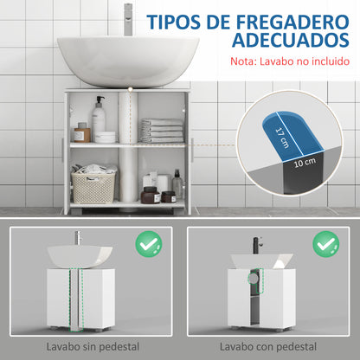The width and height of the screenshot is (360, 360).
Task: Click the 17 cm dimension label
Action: [278, 137]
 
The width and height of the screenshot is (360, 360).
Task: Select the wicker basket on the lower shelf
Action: [94, 185]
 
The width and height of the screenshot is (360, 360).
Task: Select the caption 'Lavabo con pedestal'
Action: [270, 345]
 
